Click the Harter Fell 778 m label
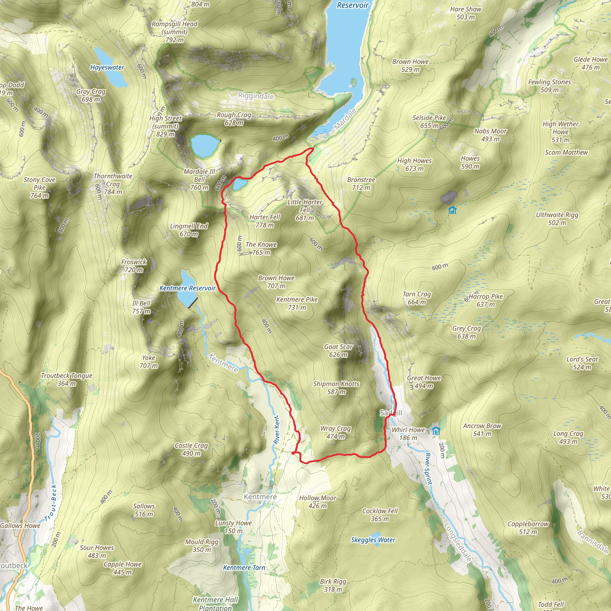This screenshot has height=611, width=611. pyautogui.click(x=265, y=221)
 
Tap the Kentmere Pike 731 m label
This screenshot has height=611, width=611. pyautogui.click(x=297, y=303)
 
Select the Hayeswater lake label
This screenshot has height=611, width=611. pyautogui.click(x=107, y=67)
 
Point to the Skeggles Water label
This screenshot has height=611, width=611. pyautogui.click(x=373, y=540)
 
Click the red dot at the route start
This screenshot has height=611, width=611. pyautogui.click(x=293, y=453)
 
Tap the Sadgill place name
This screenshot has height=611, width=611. pyautogui.click(x=391, y=413)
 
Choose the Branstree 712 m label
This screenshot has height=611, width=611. pyautogui.click(x=361, y=183)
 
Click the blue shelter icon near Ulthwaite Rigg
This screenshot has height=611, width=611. pyautogui.click(x=453, y=210)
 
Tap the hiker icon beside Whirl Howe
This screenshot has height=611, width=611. pyautogui.click(x=436, y=431)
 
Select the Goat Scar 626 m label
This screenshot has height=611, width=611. pyautogui.click(x=338, y=351)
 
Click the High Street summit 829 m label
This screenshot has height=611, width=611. pyautogui.click(x=165, y=126)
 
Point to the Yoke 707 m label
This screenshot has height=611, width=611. pyautogui.click(x=148, y=362)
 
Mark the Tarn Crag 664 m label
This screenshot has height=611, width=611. pyautogui.click(x=416, y=298)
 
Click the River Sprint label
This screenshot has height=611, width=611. pyautogui.click(x=428, y=469)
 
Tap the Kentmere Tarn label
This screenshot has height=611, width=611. pyautogui.click(x=244, y=567)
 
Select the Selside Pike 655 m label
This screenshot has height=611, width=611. pyautogui.click(x=429, y=121)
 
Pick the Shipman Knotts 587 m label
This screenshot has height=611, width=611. pyautogui.click(x=336, y=388)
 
